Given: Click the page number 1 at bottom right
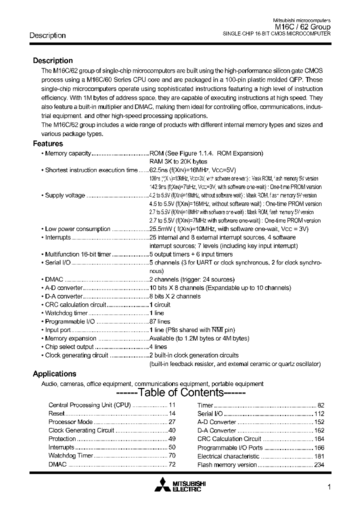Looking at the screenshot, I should click(328, 487).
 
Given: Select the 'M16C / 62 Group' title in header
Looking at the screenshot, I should click(302, 27).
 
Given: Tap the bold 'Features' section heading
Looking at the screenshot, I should click(48, 143).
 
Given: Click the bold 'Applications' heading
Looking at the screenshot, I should click(54, 373).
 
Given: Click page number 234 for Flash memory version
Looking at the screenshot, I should click(319, 465).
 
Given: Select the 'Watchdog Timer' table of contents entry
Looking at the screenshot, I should click(70, 456).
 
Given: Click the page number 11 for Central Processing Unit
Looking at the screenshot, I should click(172, 405).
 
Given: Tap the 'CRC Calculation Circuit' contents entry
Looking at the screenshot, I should click(229, 439).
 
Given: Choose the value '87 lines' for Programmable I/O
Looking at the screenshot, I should click(160, 321).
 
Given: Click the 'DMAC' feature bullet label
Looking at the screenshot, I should click(53, 279).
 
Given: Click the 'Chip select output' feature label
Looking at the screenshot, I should click(69, 346).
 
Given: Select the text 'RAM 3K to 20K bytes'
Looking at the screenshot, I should click(178, 161).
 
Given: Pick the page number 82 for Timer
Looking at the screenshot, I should click(320, 405).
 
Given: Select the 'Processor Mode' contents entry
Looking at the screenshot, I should click(70, 422).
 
